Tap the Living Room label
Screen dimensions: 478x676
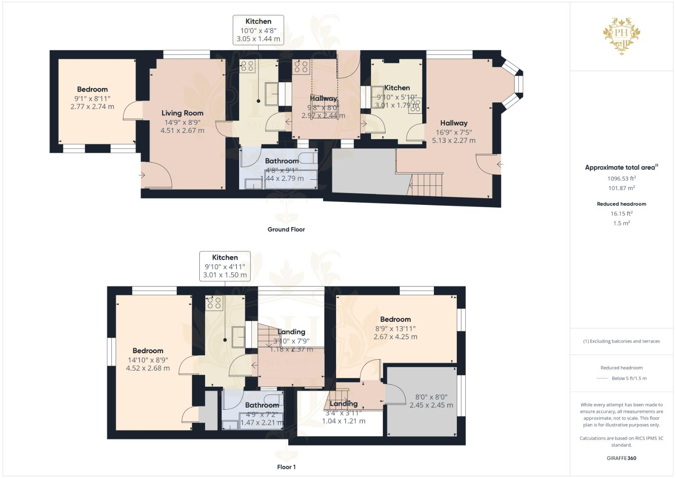tap(182, 113)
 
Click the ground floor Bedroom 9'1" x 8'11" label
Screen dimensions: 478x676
tap(92, 89)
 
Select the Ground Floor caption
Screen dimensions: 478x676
tap(286, 229)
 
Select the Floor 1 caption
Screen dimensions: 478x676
tap(286, 467)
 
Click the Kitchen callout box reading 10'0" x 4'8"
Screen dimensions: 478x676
tap(258, 30)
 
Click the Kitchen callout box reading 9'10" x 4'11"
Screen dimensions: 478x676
tap(225, 266)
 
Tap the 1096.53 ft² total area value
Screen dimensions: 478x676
tap(621, 178)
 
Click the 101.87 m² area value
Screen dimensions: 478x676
tap(621, 188)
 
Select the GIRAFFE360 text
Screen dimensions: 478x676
tap(621, 458)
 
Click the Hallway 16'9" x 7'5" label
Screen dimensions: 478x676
tap(453, 123)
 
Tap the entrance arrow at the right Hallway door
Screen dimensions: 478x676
tap(500, 164)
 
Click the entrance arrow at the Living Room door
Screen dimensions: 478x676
tap(142, 175)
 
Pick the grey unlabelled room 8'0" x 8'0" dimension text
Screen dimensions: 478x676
tap(431, 401)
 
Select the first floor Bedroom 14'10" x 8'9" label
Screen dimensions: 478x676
tap(148, 351)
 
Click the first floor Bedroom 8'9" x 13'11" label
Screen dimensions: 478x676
tap(395, 320)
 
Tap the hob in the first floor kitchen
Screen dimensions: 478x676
tap(214, 304)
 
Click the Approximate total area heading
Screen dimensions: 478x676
tap(621, 167)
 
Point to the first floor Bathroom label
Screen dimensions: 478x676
tap(262, 405)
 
